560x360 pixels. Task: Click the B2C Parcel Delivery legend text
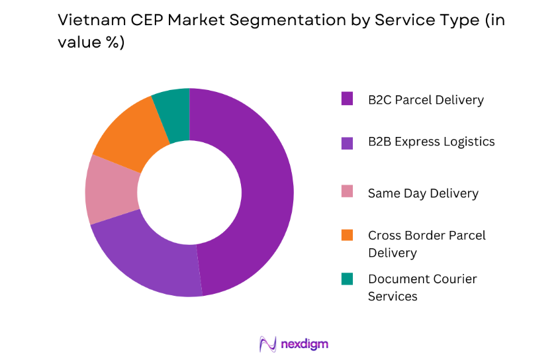426,100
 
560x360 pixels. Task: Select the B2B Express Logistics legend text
431,142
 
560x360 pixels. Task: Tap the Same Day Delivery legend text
423,193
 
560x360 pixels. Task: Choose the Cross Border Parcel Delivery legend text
426,244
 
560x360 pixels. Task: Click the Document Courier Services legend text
422,287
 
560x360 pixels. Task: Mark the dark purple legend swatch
347,99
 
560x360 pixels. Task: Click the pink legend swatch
347,192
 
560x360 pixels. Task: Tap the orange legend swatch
347,235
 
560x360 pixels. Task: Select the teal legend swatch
347,279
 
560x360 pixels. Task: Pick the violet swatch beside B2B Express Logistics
347,142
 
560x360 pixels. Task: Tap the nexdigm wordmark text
303,344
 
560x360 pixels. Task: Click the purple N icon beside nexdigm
268,344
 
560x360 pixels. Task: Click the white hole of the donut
189,192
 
